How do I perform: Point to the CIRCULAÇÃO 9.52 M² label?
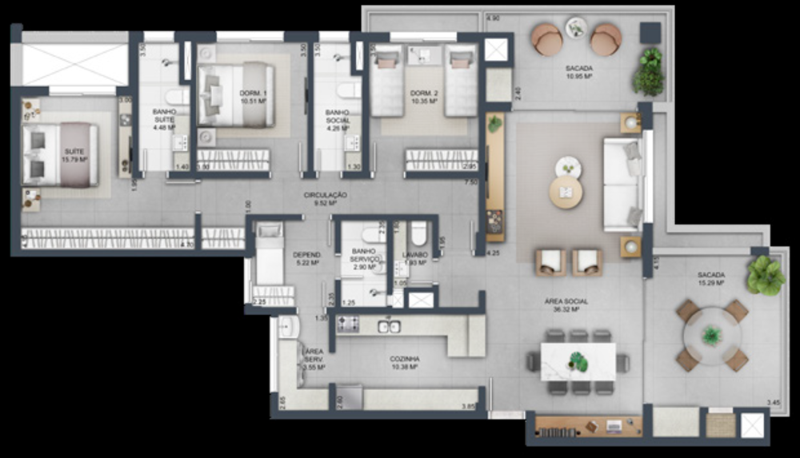(x=325, y=199)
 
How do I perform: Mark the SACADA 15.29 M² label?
(x=710, y=278)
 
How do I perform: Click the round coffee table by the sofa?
(x=566, y=192)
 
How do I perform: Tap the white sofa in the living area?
(x=622, y=185)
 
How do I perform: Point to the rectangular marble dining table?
(x=578, y=360)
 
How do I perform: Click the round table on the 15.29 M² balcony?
(x=712, y=336)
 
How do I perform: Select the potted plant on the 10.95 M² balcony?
(x=649, y=73)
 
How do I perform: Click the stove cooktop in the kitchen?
(x=348, y=324)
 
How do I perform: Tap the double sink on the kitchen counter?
(x=389, y=325)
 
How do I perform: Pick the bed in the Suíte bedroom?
(x=60, y=155)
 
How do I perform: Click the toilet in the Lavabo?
(x=418, y=234)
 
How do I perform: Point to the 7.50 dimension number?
(x=474, y=181)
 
